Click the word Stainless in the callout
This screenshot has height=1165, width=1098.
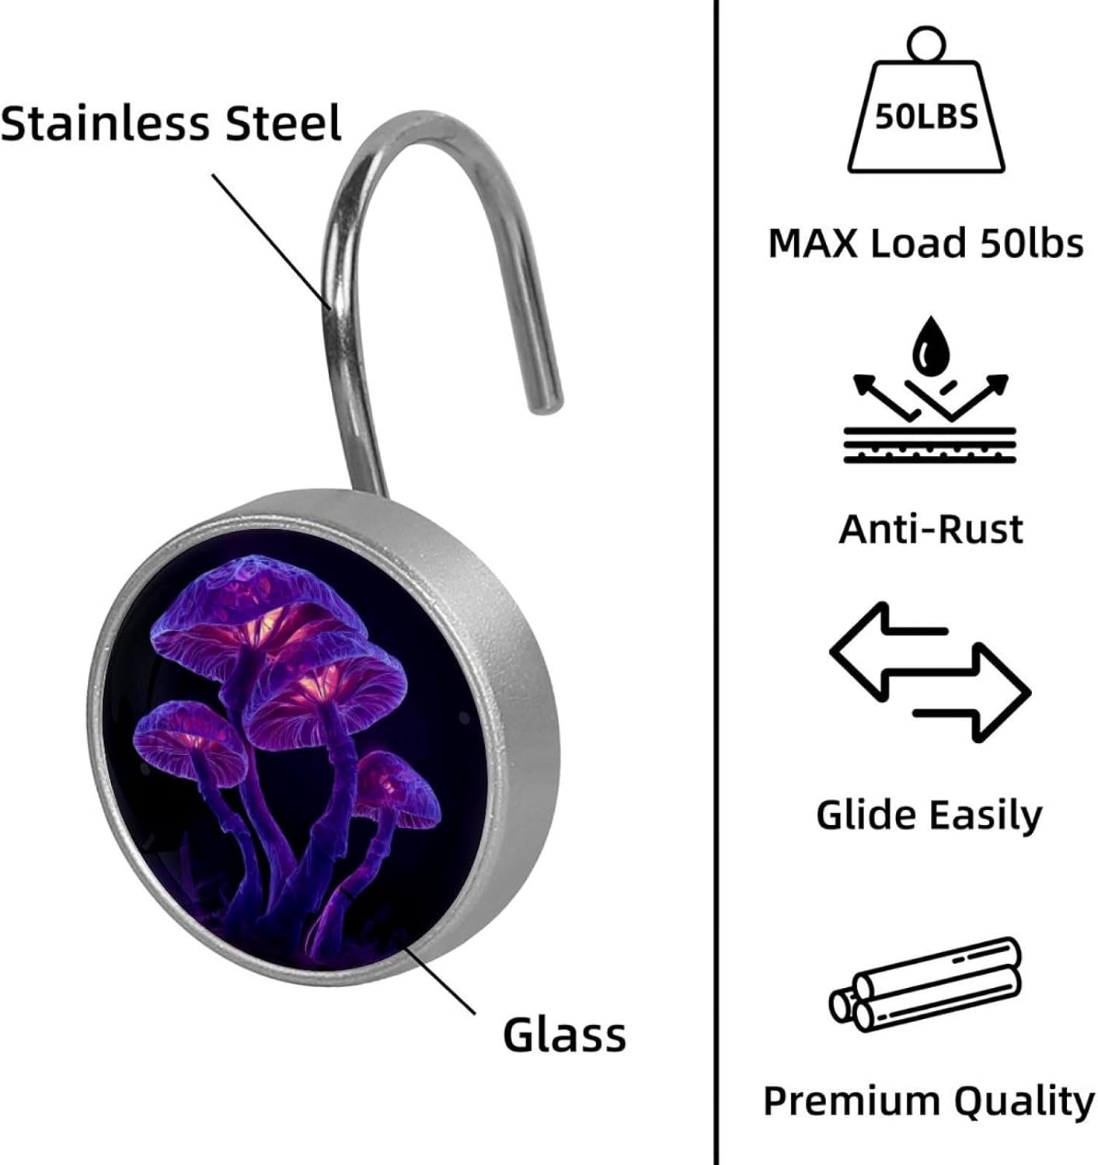(106, 123)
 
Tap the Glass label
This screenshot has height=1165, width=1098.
(564, 1035)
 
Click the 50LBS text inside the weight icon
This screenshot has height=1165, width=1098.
(925, 117)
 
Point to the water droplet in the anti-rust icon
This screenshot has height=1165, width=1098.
(929, 347)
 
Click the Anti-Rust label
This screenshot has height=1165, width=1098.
(931, 529)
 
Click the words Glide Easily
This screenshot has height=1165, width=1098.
(929, 815)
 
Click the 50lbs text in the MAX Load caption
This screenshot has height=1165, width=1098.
(1031, 243)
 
